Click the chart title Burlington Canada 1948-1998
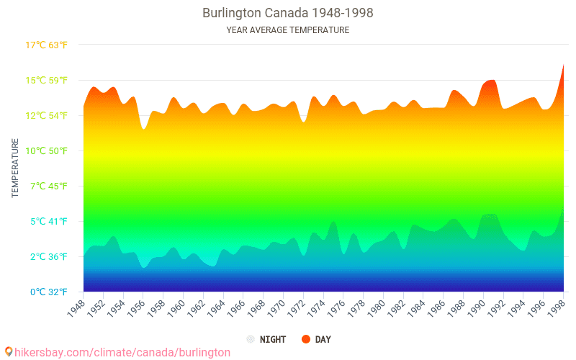(288, 13)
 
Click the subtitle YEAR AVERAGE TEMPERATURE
(288, 30)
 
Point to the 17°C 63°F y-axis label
(47, 45)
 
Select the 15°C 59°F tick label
(47, 81)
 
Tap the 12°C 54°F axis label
(47, 116)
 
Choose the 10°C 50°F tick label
(47, 151)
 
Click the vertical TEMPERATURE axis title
(15, 168)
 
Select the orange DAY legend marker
(306, 339)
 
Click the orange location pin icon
(9, 351)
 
